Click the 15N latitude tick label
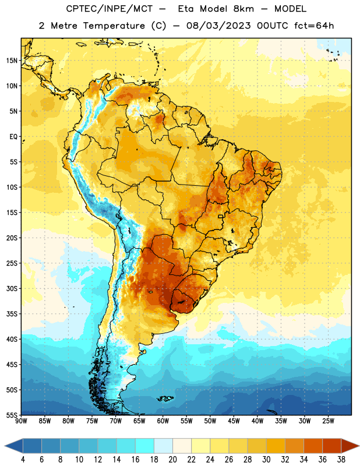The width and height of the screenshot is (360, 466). [12, 61]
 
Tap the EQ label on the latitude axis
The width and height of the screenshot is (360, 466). [13, 137]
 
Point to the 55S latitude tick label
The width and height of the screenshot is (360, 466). [12, 415]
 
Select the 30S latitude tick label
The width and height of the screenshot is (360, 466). [12, 288]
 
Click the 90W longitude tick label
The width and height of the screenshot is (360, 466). [22, 421]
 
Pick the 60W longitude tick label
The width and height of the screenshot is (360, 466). [163, 421]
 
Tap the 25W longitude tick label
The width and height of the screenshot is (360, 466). [328, 421]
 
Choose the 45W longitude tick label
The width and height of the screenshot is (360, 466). [234, 421]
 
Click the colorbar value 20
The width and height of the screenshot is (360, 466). [172, 460]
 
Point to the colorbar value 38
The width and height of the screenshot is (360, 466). [341, 460]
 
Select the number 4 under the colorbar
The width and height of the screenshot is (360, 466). [23, 460]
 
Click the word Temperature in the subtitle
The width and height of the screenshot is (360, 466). [114, 26]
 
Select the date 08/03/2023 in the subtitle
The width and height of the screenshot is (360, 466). [218, 26]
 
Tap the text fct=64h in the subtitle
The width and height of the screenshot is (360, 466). [314, 26]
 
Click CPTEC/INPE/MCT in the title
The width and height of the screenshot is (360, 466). [109, 9]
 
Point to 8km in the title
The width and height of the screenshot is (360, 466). [243, 9]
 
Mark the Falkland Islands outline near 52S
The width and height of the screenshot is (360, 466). [165, 398]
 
